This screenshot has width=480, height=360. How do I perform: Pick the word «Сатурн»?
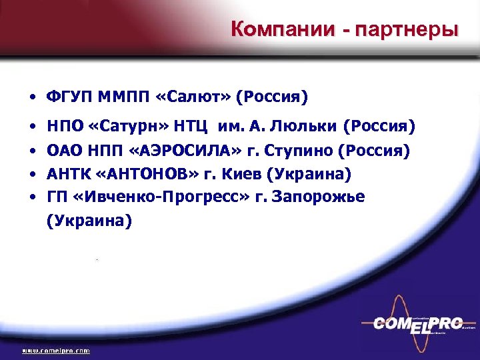pos(139,126)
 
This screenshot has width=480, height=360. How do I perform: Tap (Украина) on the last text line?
pos(89,221)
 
